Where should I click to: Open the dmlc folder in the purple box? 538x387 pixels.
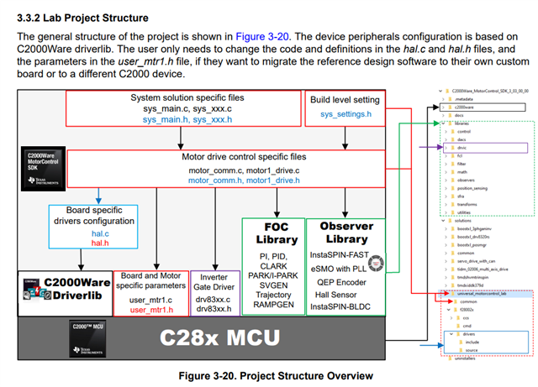(x=465, y=147)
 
